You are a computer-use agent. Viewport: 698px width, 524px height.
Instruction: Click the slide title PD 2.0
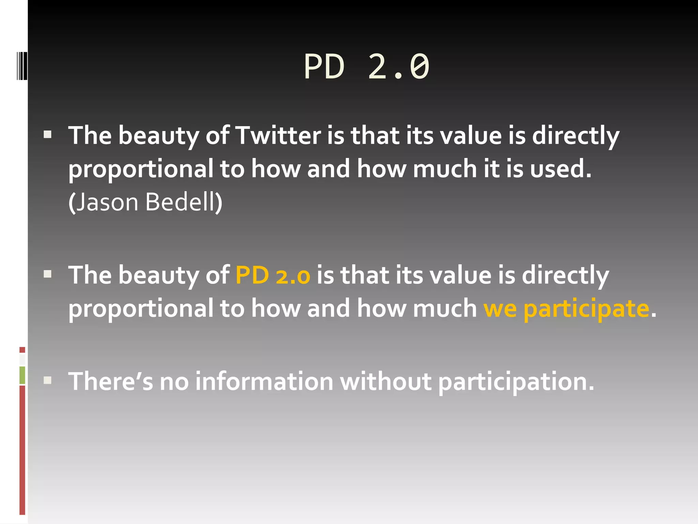pyautogui.click(x=366, y=67)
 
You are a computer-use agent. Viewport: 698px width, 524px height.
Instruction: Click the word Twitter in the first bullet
pyautogui.click(x=278, y=136)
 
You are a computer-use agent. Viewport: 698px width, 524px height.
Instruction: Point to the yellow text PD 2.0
pyautogui.click(x=273, y=275)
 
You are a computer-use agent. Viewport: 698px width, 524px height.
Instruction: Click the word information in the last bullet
pyautogui.click(x=264, y=381)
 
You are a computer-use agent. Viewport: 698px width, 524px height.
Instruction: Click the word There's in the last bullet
pyautogui.click(x=111, y=381)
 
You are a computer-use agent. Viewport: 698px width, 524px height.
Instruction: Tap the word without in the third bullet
pyautogui.click(x=385, y=381)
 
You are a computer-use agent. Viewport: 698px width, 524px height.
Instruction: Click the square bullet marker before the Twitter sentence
pyautogui.click(x=48, y=135)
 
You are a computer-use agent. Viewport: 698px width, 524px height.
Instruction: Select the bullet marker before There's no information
pyautogui.click(x=48, y=380)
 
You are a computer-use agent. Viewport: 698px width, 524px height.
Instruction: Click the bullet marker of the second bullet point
pyautogui.click(x=48, y=274)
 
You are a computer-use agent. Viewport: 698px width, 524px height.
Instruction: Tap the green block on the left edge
pyautogui.click(x=22, y=375)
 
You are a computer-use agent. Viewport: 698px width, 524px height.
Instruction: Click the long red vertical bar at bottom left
pyautogui.click(x=22, y=450)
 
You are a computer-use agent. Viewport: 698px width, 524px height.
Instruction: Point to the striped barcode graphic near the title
pyautogui.click(x=21, y=66)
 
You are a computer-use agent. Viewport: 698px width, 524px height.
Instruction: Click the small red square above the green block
pyautogui.click(x=22, y=350)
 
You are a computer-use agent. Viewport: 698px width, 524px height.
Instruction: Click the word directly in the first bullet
pyautogui.click(x=575, y=136)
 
